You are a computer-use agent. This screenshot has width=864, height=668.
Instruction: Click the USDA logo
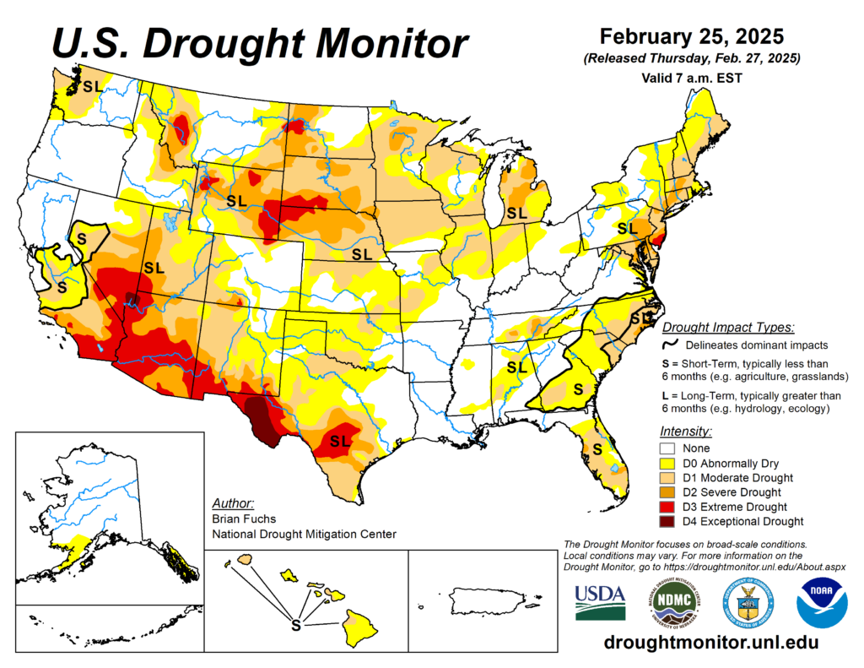point(600,602)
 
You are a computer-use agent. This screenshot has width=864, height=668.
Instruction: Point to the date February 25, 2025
point(691,37)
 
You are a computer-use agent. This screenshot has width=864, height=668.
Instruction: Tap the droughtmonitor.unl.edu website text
point(711,643)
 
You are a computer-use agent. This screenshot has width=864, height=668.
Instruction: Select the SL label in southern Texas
point(340,441)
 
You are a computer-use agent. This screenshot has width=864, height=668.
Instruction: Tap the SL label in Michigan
point(516,215)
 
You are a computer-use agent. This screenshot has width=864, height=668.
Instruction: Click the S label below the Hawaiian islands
point(295,626)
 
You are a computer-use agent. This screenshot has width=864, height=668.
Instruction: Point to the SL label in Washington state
point(92,85)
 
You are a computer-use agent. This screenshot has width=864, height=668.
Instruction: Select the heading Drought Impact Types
point(727,328)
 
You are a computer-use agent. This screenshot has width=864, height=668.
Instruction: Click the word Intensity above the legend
point(684,431)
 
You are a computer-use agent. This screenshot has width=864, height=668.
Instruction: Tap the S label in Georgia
point(578,388)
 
